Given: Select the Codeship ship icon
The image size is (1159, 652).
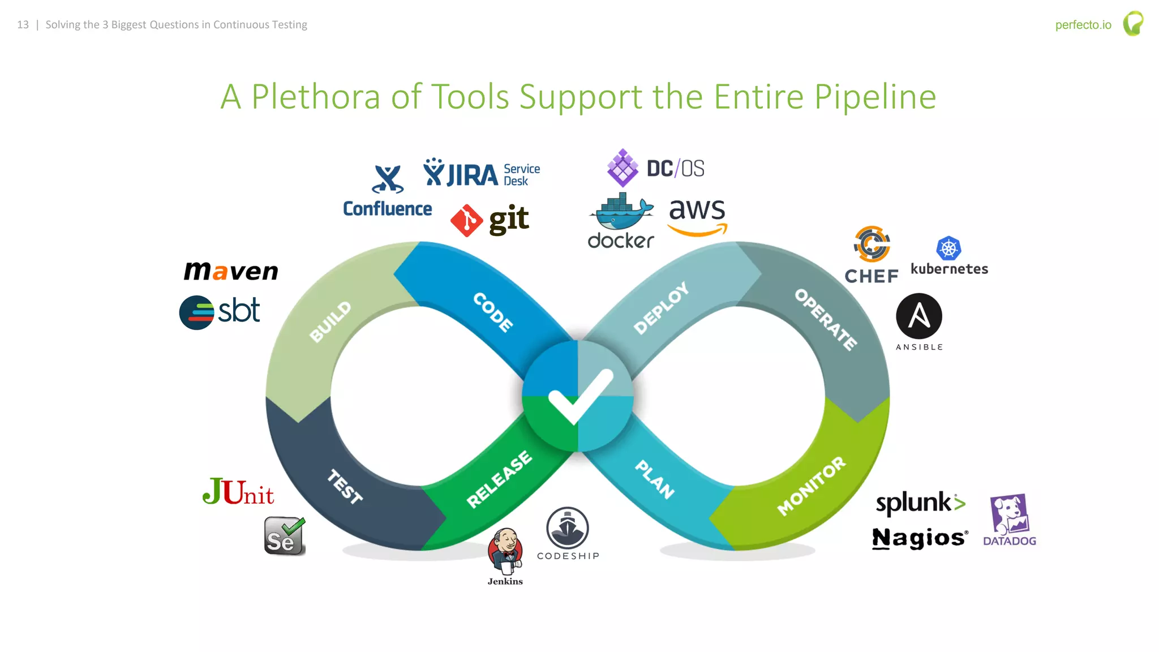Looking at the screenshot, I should pyautogui.click(x=567, y=527).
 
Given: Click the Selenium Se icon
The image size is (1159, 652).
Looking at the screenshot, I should pyautogui.click(x=284, y=536).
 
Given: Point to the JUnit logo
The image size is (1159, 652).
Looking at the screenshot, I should pyautogui.click(x=238, y=491).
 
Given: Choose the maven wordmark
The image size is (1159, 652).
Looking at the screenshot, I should pyautogui.click(x=231, y=271).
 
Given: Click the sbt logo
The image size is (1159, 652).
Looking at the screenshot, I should pyautogui.click(x=220, y=312).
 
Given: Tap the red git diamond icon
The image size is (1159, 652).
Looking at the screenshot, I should pyautogui.click(x=466, y=221).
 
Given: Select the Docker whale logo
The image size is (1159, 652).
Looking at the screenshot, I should pyautogui.click(x=621, y=213).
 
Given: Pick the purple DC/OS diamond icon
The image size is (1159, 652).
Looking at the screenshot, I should pyautogui.click(x=623, y=168).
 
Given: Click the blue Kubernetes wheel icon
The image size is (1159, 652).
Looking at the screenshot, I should pyautogui.click(x=948, y=248).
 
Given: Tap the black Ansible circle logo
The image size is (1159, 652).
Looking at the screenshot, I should pyautogui.click(x=918, y=316).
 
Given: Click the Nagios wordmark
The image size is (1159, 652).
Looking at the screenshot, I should pyautogui.click(x=920, y=538).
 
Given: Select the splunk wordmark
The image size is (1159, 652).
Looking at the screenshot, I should pyautogui.click(x=920, y=503).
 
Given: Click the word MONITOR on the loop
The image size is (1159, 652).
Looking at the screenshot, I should pyautogui.click(x=811, y=486).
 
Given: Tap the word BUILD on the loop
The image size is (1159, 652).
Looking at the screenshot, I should pyautogui.click(x=330, y=321).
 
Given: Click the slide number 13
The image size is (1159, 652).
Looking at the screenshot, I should pyautogui.click(x=23, y=25).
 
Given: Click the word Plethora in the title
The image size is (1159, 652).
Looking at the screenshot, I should pyautogui.click(x=316, y=97).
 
